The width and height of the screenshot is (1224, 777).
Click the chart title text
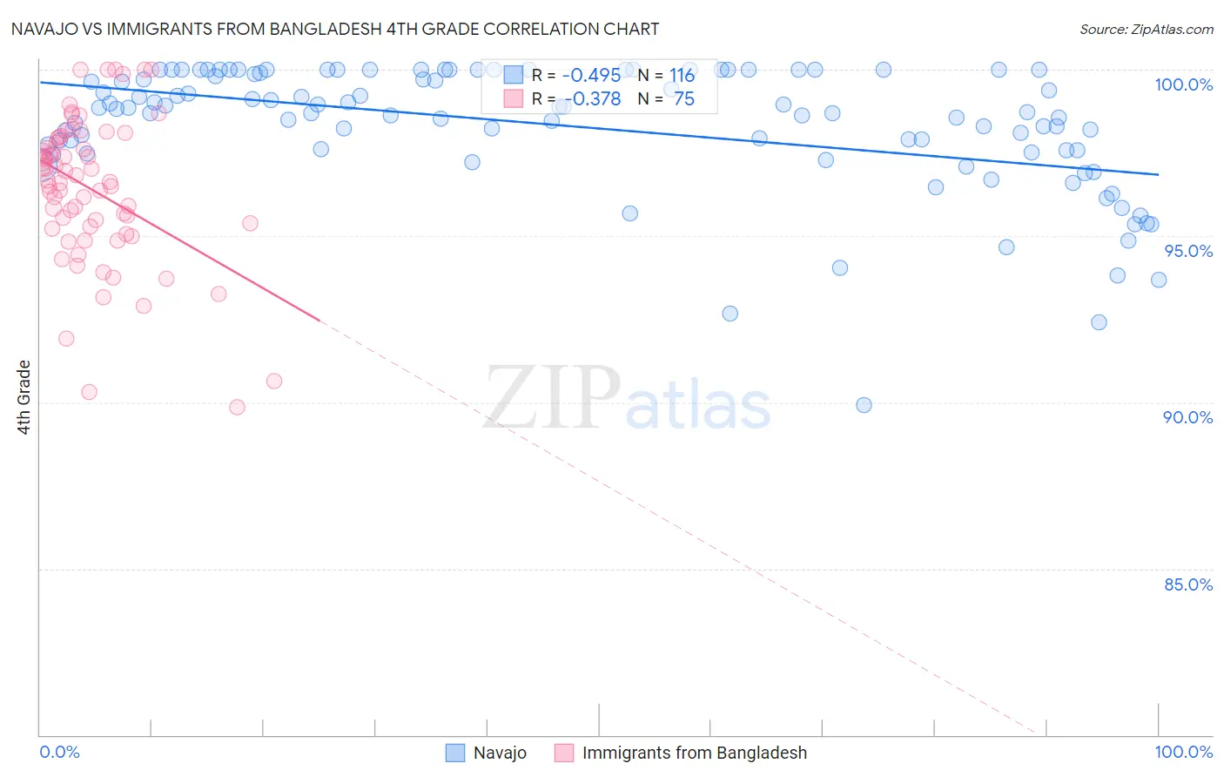coord(335,29)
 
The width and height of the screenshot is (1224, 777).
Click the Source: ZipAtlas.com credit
coord(1146,29)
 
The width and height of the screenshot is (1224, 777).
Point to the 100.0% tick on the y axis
coord(1183,84)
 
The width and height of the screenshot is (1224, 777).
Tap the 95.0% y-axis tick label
coord(1188,251)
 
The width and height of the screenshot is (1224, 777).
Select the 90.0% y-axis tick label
coord(1188,417)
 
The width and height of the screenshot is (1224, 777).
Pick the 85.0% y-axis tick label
coord(1188,584)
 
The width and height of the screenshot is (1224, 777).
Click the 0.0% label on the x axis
coord(59,752)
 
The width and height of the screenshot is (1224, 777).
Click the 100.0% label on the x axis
coord(1183,752)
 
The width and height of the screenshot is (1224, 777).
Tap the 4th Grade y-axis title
coord(24,397)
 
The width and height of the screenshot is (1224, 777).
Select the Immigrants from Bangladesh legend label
coord(694,753)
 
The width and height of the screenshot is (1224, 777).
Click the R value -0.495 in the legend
coord(591,75)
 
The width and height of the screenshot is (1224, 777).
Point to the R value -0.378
coord(591,98)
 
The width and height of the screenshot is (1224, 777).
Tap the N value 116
coord(682,75)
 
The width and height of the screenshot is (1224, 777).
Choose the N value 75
coord(684,98)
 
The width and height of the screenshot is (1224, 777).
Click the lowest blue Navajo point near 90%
coord(864,405)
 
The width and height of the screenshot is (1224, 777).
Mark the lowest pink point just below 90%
coord(237,407)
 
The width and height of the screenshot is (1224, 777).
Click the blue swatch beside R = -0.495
coord(513,75)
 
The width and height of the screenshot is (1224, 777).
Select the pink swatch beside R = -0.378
coord(513,98)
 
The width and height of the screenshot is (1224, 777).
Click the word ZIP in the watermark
coord(552,397)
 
